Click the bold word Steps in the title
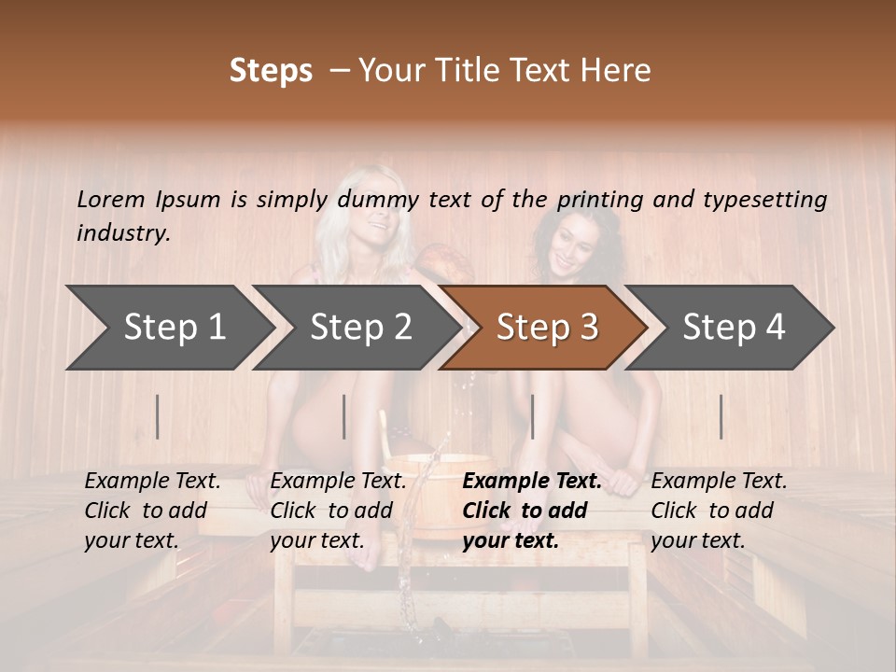click(x=271, y=71)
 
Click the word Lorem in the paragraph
click(x=111, y=199)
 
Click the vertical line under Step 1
click(x=158, y=416)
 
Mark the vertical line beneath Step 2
click(x=344, y=416)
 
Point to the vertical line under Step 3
click(x=532, y=416)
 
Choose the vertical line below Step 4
click(x=721, y=416)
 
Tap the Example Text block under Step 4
click(x=719, y=510)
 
